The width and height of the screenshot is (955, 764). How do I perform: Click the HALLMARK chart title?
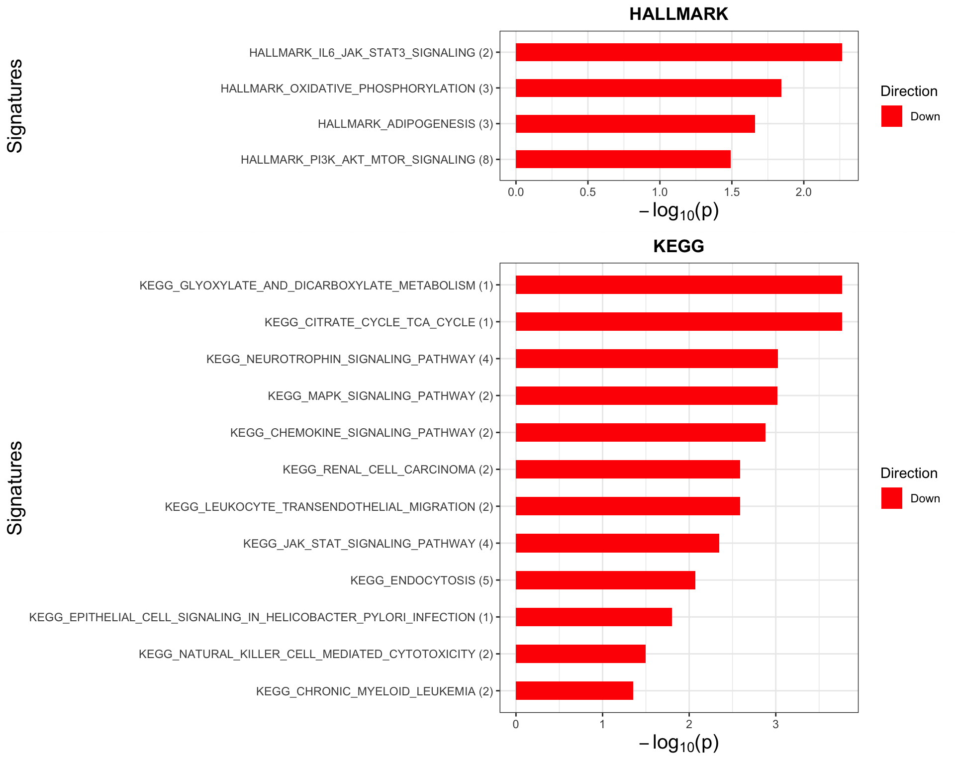678,14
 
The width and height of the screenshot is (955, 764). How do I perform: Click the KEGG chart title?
678,246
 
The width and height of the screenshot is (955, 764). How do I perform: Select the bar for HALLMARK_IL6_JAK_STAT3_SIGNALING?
678,52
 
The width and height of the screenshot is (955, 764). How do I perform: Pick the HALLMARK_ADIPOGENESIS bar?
635,124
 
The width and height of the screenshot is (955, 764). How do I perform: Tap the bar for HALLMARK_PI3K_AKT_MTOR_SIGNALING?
623,159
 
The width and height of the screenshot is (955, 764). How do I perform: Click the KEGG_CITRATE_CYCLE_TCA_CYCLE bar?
678,322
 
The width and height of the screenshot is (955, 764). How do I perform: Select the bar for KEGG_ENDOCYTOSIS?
605,580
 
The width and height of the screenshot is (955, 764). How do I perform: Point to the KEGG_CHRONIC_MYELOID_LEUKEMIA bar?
574,691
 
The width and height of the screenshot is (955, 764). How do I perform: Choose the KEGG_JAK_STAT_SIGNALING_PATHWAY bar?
617,543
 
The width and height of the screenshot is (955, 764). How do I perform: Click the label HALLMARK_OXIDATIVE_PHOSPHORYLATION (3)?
357,89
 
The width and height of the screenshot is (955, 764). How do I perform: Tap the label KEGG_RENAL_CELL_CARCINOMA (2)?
387,470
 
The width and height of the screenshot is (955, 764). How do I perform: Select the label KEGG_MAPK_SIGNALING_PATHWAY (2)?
380,396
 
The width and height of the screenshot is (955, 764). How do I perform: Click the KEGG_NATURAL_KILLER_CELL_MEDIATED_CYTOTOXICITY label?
315,654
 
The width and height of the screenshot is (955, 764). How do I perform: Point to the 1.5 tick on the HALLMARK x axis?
731,192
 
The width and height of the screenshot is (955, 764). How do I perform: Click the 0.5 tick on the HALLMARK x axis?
587,192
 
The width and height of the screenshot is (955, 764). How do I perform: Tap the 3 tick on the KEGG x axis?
775,724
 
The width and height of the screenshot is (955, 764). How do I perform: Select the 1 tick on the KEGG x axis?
602,724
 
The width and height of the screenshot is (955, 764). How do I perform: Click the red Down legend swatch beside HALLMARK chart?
891,116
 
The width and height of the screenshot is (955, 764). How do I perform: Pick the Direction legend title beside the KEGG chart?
909,473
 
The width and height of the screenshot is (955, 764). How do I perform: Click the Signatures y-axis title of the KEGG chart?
15,487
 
